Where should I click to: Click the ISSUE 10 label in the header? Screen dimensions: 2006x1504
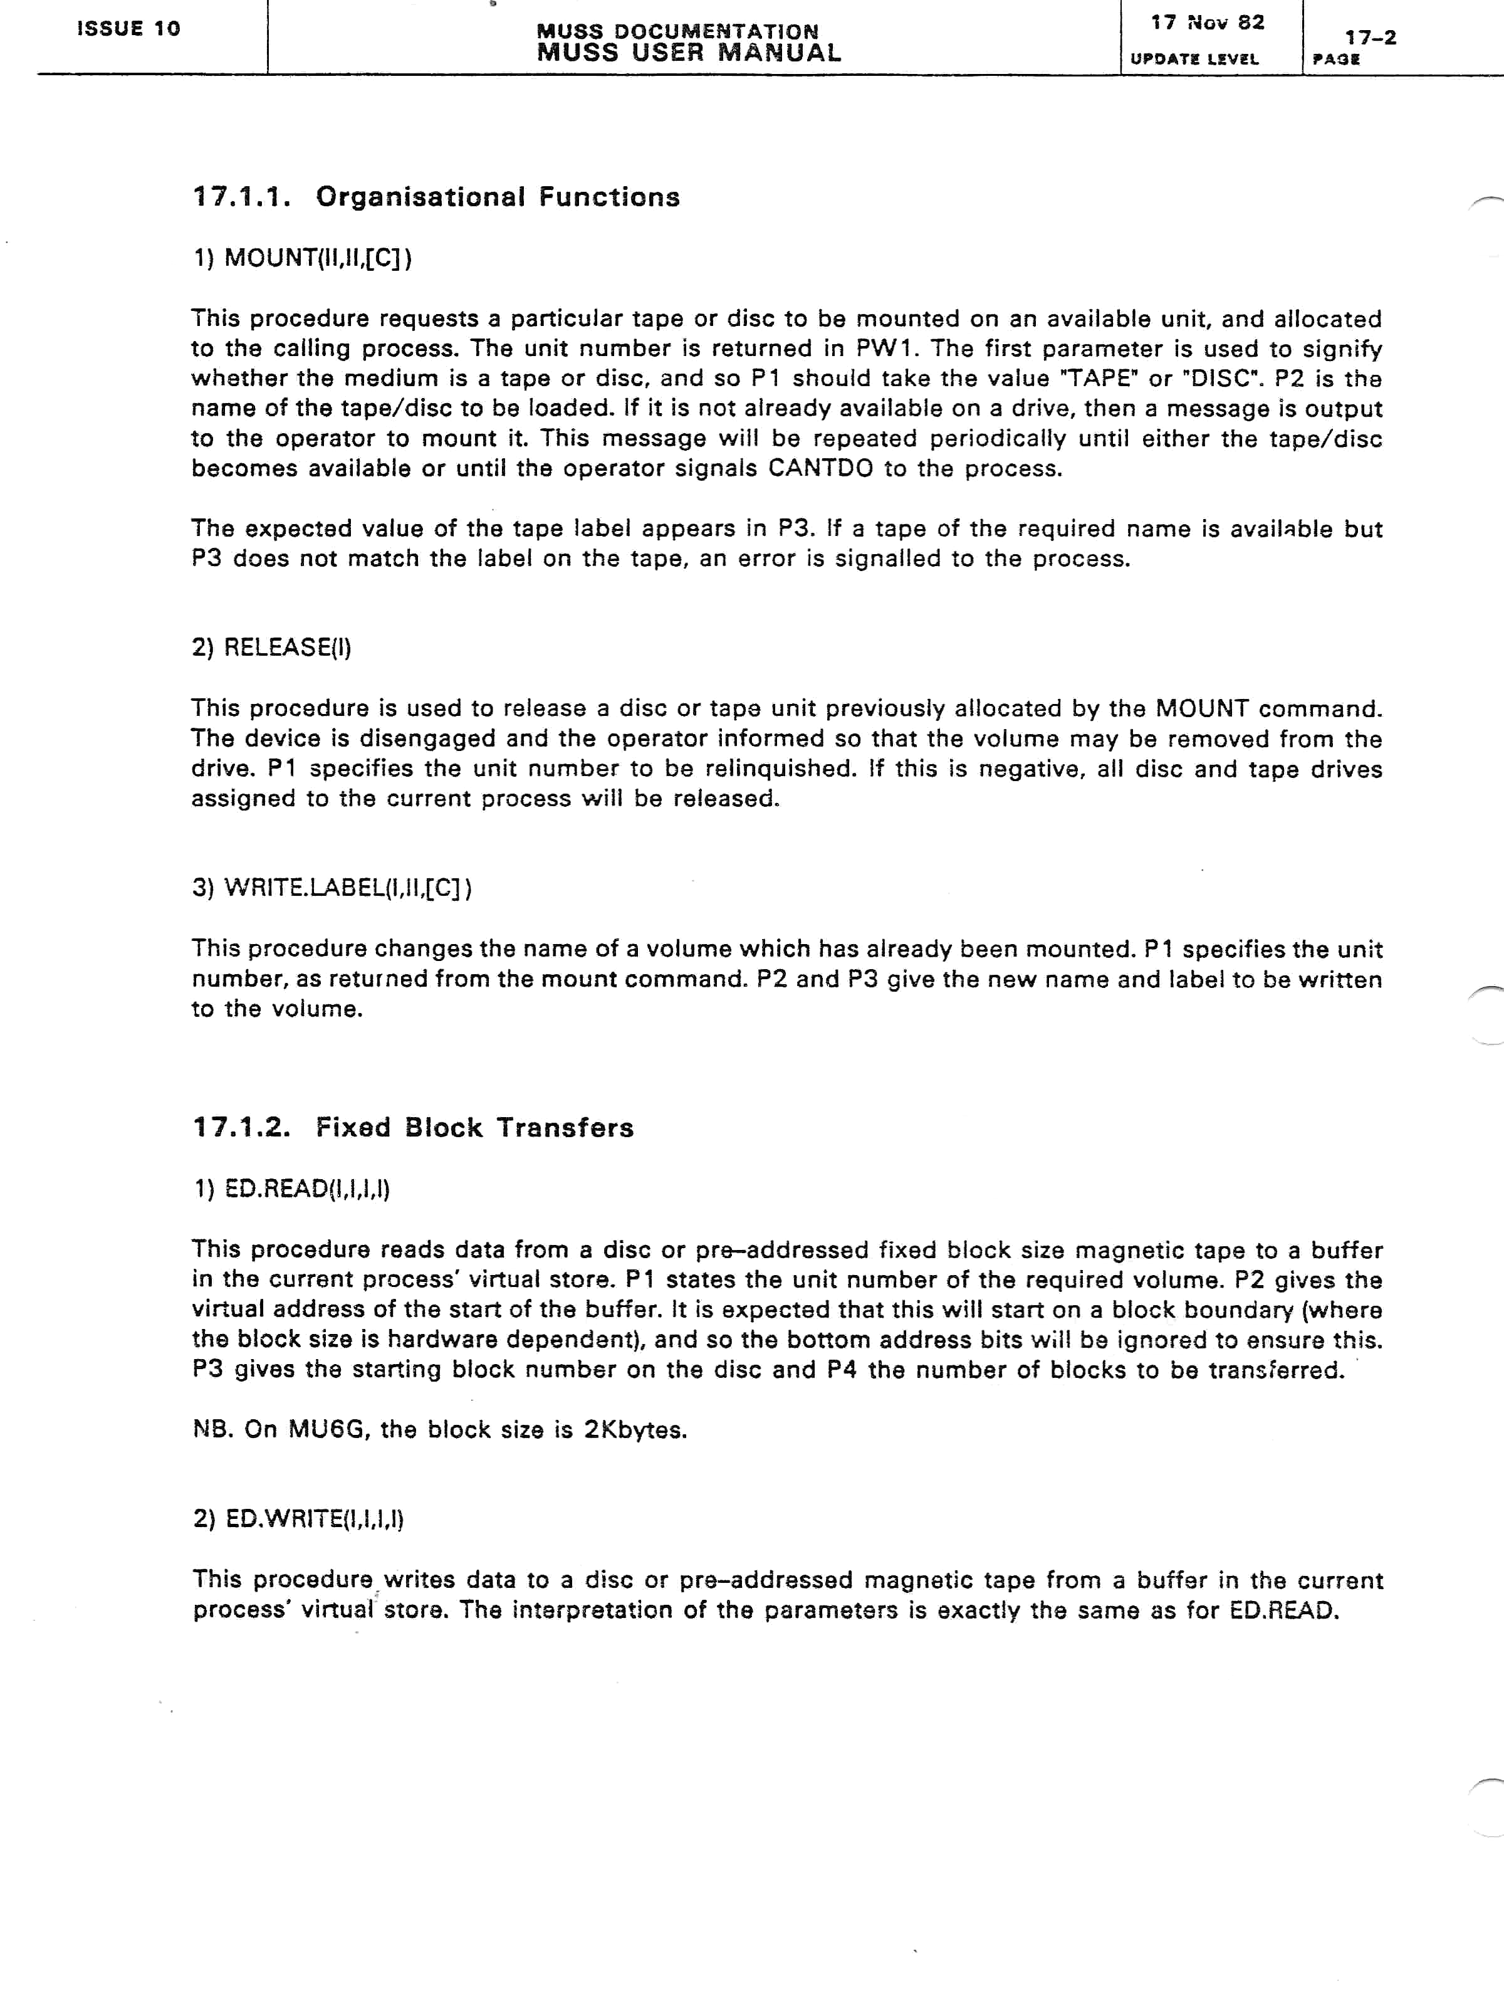click(128, 28)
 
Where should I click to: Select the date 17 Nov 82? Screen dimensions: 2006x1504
click(1208, 23)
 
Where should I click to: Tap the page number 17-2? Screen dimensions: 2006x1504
click(1371, 37)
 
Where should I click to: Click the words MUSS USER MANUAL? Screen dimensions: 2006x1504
click(689, 53)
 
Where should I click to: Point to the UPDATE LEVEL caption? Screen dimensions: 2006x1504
click(1195, 59)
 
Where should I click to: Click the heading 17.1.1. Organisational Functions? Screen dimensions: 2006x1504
click(436, 197)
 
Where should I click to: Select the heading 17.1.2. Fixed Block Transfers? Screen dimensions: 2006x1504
click(414, 1127)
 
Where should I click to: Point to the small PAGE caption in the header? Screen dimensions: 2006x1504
click(1336, 60)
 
